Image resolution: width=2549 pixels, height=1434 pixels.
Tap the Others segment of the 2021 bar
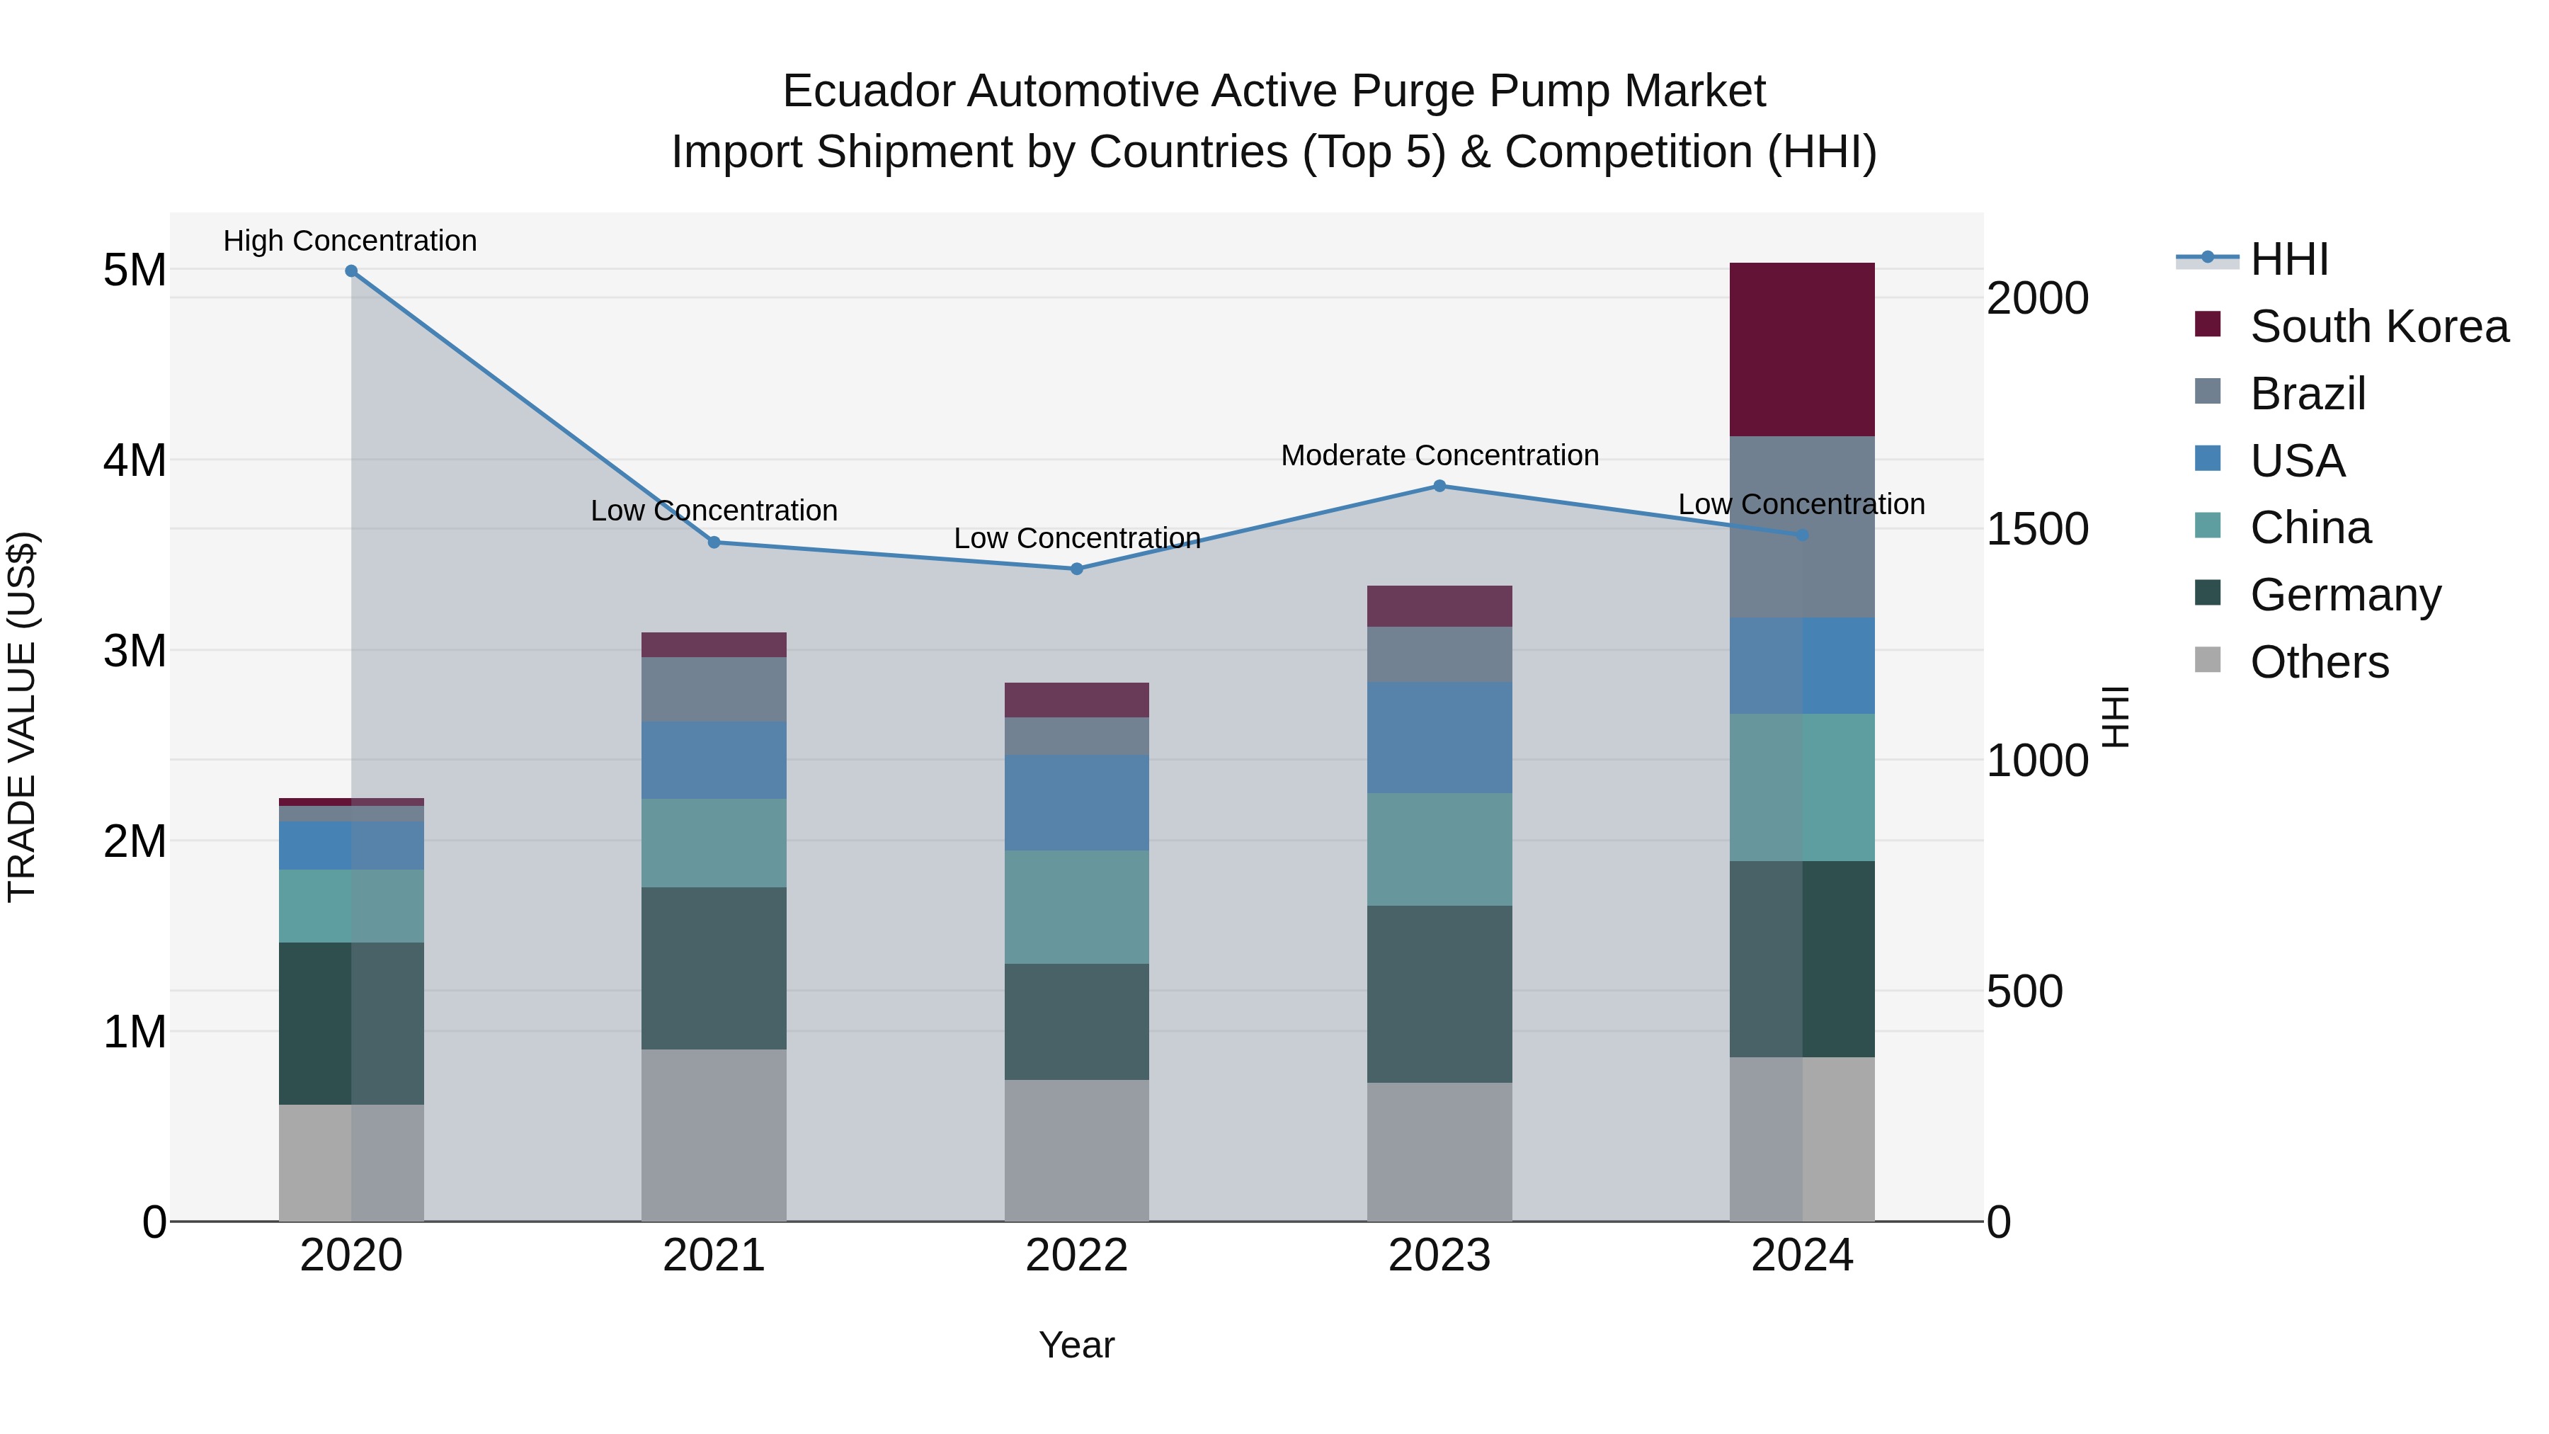[714, 1134]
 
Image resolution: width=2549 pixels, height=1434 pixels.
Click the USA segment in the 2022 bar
[1076, 802]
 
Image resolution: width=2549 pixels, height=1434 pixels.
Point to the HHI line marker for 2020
[351, 271]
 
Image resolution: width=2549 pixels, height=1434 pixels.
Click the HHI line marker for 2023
[1439, 486]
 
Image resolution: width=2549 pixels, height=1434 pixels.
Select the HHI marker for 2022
[1076, 569]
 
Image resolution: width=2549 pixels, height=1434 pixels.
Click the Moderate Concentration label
[1439, 455]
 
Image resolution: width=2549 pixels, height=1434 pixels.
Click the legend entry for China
[2310, 528]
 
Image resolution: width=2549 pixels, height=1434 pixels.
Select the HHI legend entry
[2288, 259]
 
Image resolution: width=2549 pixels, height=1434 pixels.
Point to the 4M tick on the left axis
[135, 460]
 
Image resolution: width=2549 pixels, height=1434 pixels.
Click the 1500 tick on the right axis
[2037, 530]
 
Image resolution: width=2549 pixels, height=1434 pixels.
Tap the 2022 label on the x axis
[1076, 1256]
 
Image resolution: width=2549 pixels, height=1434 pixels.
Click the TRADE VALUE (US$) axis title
[22, 717]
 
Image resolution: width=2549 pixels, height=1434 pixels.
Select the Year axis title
[1076, 1345]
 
